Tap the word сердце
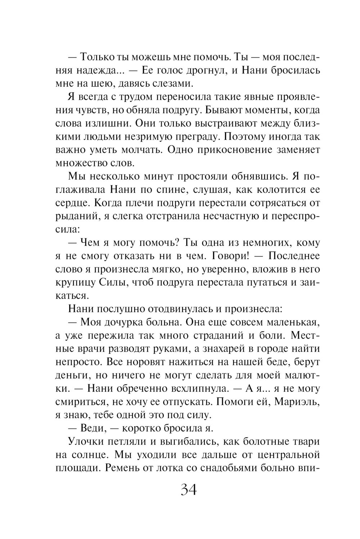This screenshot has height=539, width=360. click(72, 203)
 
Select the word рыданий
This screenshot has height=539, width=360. click(74, 216)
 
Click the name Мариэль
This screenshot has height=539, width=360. click(292, 402)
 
